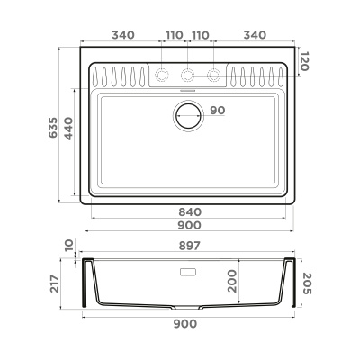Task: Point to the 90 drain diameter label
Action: (216, 111)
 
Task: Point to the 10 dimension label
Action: (68, 246)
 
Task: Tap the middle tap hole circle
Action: (189, 75)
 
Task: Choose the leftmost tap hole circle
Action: (163, 75)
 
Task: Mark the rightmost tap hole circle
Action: (214, 75)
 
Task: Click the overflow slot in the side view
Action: (189, 271)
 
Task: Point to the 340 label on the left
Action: (123, 35)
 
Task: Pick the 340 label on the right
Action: (256, 35)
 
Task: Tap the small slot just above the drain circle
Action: (189, 90)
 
